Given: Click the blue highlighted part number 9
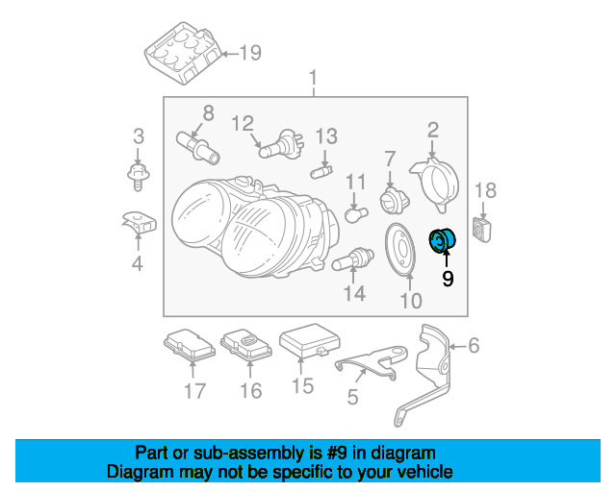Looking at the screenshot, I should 445,239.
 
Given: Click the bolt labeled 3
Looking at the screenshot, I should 138,173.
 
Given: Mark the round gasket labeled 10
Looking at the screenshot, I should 399,246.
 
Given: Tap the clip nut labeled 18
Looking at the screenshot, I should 483,229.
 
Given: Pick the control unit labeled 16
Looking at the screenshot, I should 247,345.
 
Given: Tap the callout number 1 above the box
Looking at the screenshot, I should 312,76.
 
